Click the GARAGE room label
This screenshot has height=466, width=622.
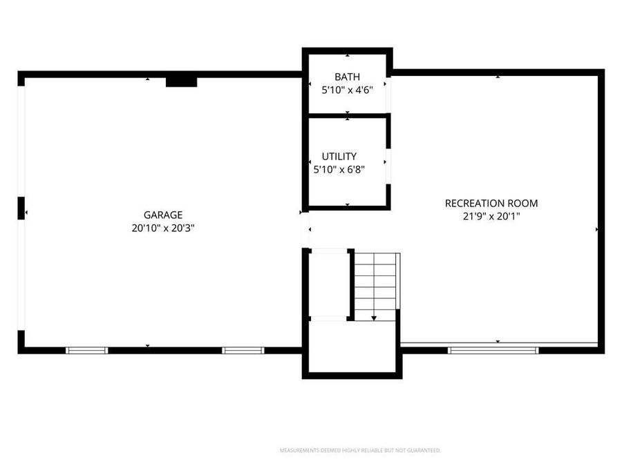[163, 215]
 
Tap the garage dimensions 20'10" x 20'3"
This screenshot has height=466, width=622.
[163, 228]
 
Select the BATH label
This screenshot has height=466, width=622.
[347, 77]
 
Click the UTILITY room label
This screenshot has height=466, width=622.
[339, 157]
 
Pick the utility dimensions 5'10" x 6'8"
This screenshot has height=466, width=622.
[339, 169]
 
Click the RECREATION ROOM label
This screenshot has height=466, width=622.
[491, 203]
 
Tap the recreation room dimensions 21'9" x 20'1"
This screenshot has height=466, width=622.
[491, 216]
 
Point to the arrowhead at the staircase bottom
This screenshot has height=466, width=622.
[374, 318]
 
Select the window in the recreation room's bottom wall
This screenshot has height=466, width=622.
[493, 351]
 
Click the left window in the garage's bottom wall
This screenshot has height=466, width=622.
[87, 351]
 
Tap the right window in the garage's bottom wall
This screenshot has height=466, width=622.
[243, 351]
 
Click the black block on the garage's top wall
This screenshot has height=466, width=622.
[181, 82]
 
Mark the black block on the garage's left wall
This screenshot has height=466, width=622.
[21, 208]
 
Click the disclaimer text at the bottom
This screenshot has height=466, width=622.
[359, 451]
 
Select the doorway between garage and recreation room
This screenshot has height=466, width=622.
[305, 231]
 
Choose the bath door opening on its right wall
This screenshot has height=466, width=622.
[388, 95]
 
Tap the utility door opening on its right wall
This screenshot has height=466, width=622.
[388, 166]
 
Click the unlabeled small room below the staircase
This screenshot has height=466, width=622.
[352, 349]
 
